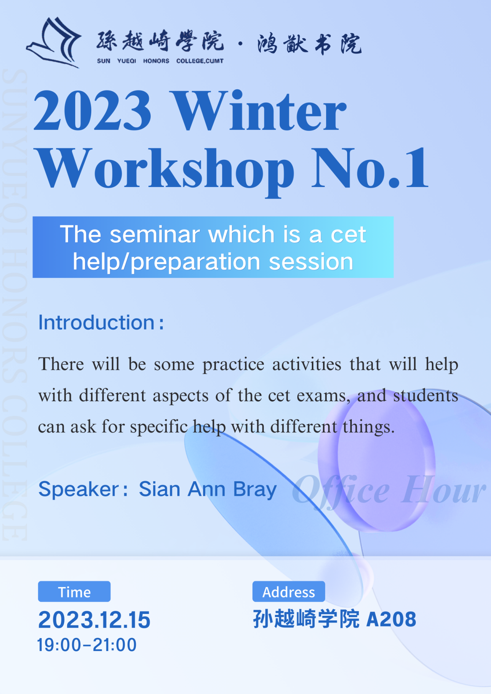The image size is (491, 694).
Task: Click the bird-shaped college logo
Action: [x=54, y=43]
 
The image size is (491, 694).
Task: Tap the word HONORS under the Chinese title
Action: [x=156, y=61]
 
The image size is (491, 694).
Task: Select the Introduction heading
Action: [x=101, y=322]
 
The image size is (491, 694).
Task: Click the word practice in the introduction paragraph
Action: [x=233, y=365]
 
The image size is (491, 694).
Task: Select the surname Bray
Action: [x=255, y=490]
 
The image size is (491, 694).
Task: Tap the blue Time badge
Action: [x=74, y=591]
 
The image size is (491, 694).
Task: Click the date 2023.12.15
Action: [x=94, y=620]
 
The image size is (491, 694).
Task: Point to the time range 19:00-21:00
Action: [x=87, y=645]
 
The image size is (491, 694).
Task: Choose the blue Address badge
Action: [x=288, y=591]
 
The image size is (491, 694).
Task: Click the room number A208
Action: [x=391, y=619]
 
